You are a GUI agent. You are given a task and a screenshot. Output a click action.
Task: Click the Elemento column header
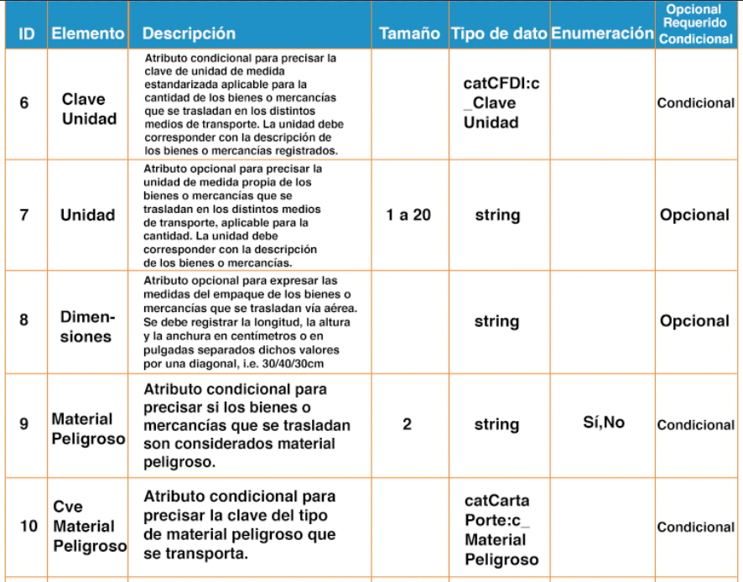[x=88, y=34]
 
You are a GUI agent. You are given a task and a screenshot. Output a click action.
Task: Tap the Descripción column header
[x=189, y=34]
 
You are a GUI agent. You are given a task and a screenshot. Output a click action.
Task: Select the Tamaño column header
[x=409, y=34]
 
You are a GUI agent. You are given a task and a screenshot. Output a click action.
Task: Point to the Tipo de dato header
[x=499, y=34]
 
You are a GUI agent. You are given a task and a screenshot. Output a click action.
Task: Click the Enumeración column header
[x=602, y=34]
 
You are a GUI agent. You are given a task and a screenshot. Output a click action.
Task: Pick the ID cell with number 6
[x=23, y=103]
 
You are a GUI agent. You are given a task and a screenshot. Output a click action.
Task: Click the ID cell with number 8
[x=23, y=320]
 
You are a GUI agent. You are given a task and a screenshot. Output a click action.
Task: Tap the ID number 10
[x=28, y=527]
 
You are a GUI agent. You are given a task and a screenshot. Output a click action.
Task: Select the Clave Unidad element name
[x=89, y=108]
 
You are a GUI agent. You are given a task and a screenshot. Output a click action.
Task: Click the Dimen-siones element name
[x=88, y=327]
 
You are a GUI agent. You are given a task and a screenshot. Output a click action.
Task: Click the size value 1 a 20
[x=408, y=215]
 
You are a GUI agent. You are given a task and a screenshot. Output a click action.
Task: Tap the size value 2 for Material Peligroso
[x=407, y=424]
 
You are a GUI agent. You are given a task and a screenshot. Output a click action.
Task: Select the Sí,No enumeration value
[x=603, y=423]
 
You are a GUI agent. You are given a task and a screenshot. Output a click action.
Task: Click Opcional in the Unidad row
[x=694, y=215]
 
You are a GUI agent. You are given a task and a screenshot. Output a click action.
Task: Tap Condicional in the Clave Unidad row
[x=695, y=104]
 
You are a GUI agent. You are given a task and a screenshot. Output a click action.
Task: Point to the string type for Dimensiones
[x=496, y=321]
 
